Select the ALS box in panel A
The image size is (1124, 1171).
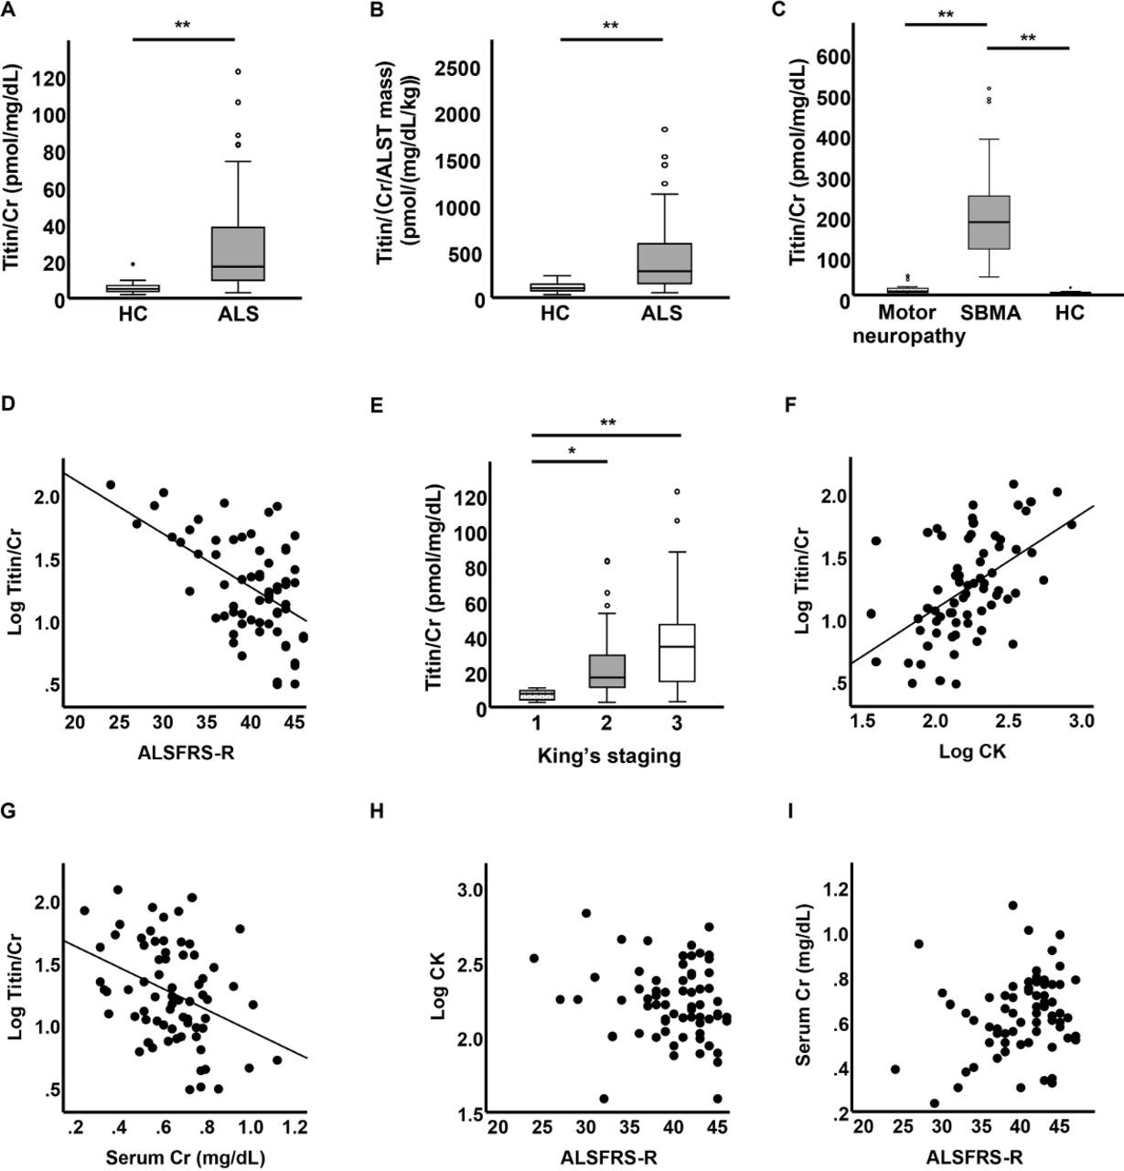tap(238, 253)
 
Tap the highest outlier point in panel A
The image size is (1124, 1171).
tap(238, 71)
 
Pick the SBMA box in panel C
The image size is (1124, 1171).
tap(989, 222)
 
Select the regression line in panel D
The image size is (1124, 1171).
tap(183, 545)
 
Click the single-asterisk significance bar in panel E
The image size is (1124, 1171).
tap(569, 460)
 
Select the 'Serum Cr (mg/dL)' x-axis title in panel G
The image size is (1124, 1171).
tap(185, 1157)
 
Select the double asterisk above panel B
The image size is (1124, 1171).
tap(610, 26)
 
